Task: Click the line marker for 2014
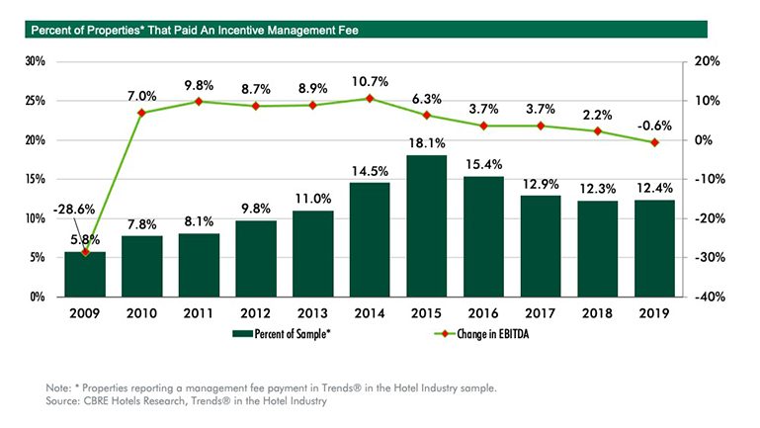click(x=370, y=99)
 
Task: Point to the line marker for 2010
click(x=141, y=113)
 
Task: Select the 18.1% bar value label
click(x=427, y=145)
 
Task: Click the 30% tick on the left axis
click(x=36, y=61)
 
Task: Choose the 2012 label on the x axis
click(x=255, y=313)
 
